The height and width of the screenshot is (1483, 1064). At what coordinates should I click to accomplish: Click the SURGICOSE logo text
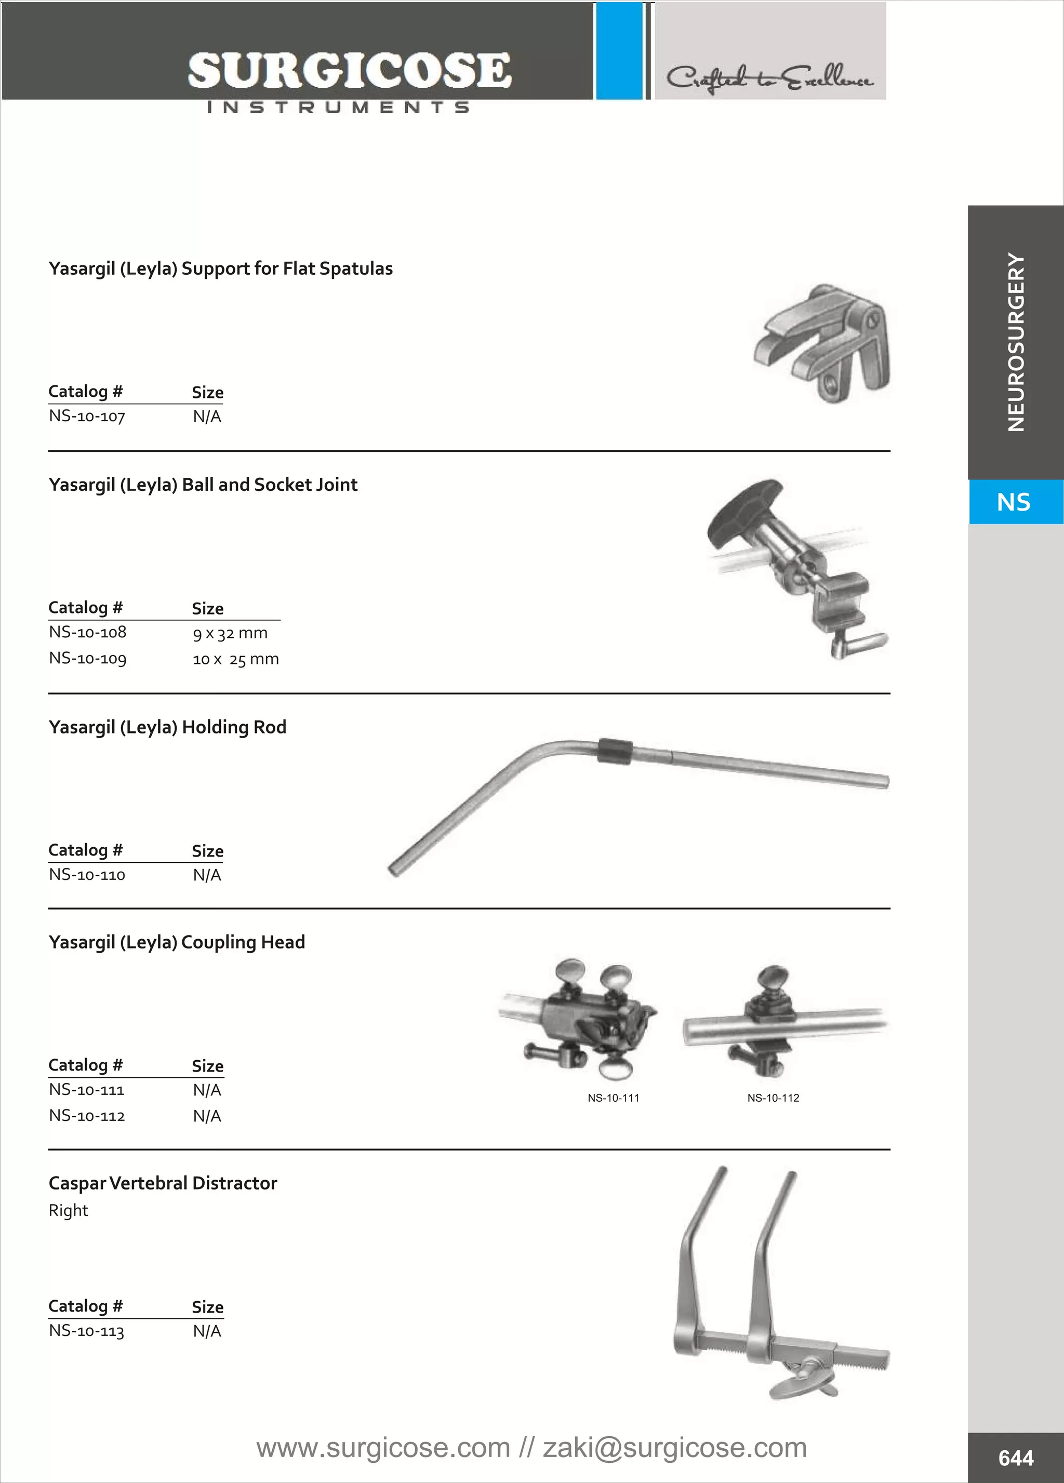(349, 71)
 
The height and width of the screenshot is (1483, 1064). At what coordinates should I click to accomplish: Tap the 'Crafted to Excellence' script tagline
(770, 78)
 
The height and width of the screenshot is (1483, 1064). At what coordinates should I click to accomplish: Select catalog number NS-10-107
(87, 416)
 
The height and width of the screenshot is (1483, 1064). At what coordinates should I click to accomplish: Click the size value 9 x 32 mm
(230, 633)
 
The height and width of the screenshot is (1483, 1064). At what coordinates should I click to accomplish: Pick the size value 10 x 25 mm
(235, 659)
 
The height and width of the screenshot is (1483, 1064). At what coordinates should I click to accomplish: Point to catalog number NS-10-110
(87, 874)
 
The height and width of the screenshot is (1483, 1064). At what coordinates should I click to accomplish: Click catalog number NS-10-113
(86, 1331)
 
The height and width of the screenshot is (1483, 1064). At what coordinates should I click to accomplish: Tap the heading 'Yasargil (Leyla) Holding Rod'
(167, 727)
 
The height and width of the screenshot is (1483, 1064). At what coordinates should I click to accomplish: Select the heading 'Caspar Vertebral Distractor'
(163, 1183)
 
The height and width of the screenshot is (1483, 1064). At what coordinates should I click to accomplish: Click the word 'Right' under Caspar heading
(68, 1210)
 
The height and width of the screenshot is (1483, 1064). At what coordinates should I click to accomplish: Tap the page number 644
(1016, 1458)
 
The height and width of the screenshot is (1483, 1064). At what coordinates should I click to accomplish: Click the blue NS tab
(1014, 502)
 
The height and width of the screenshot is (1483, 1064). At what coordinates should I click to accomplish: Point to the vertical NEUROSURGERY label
(1016, 342)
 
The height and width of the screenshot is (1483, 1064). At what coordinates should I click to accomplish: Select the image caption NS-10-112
(773, 1098)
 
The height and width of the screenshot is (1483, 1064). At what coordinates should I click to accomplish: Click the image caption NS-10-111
(613, 1098)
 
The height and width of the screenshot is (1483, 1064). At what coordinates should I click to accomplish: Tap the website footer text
(531, 1448)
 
